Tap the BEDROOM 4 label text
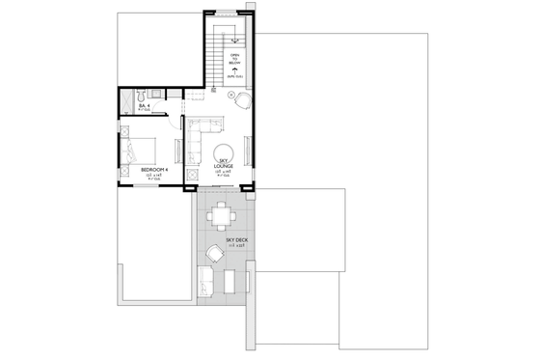pyautogui.click(x=154, y=170)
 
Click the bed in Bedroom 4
pyautogui.click(x=136, y=151)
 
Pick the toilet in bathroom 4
pyautogui.click(x=142, y=95)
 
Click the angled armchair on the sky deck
pyautogui.click(x=213, y=256)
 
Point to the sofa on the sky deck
pyautogui.click(x=203, y=281)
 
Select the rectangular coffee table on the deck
pyautogui.click(x=229, y=281)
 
